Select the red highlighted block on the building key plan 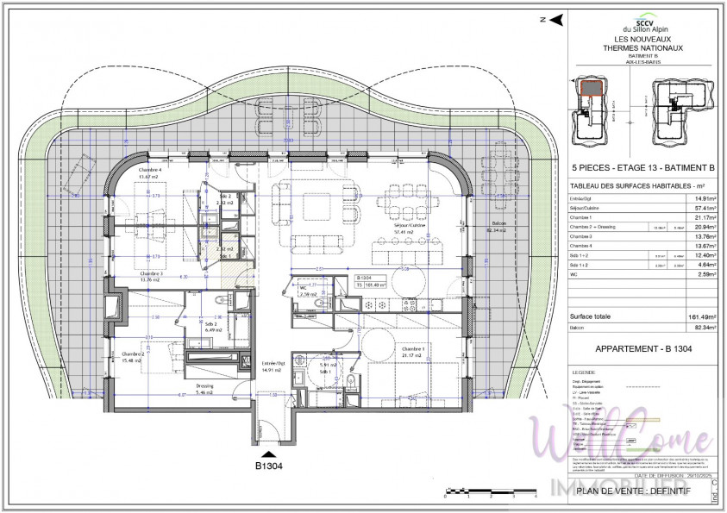tap(591, 87)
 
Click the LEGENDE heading tap(584, 372)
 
